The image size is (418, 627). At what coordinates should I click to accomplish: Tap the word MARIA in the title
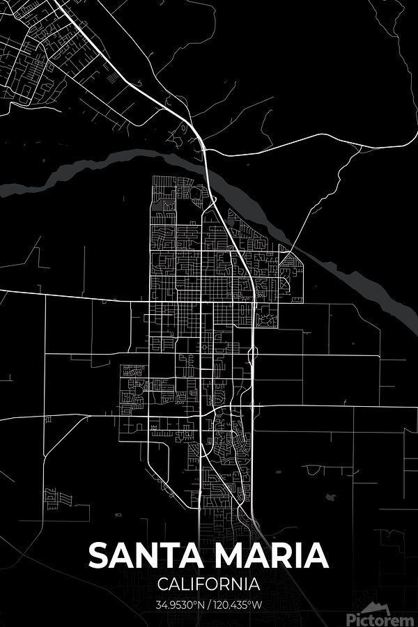coord(270,556)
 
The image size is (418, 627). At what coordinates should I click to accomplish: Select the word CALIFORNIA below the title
coord(209,584)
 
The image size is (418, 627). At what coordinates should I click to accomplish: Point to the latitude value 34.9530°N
coord(183,604)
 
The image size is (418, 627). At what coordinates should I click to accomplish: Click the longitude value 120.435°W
coord(238,604)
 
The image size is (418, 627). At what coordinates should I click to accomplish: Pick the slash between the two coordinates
coord(211,604)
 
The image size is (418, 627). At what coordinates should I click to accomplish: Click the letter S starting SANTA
coord(99,556)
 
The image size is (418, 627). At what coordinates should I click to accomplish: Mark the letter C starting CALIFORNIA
coord(163,584)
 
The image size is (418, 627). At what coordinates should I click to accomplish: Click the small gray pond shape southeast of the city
coord(330,497)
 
